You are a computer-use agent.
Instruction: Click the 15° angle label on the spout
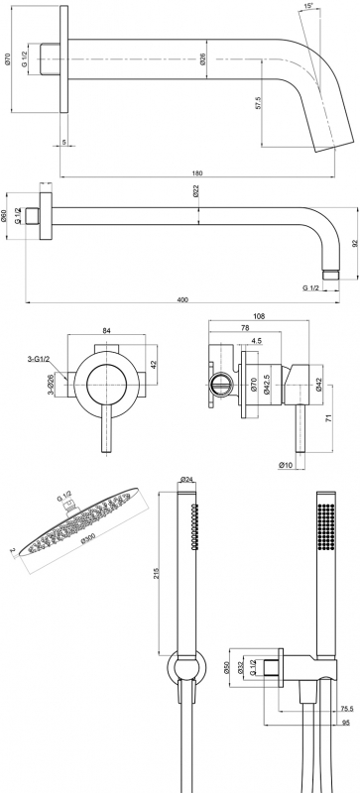(308, 6)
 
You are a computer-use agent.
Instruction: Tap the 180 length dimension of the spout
(197, 172)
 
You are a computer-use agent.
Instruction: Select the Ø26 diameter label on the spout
(202, 59)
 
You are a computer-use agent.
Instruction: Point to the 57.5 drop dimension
(258, 103)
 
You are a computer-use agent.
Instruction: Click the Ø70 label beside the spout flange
(7, 59)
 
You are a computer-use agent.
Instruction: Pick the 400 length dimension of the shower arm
(182, 299)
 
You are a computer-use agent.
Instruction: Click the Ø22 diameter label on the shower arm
(195, 192)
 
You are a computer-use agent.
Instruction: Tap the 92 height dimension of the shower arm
(354, 243)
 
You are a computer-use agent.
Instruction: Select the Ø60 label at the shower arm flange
(4, 216)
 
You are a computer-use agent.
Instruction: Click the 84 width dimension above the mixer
(106, 331)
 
